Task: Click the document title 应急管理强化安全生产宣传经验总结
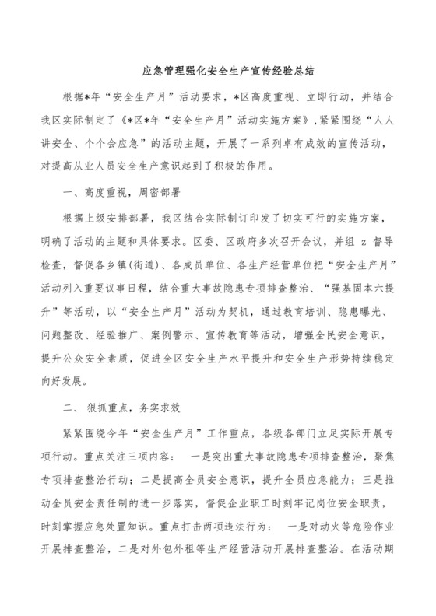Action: [x=218, y=69]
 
